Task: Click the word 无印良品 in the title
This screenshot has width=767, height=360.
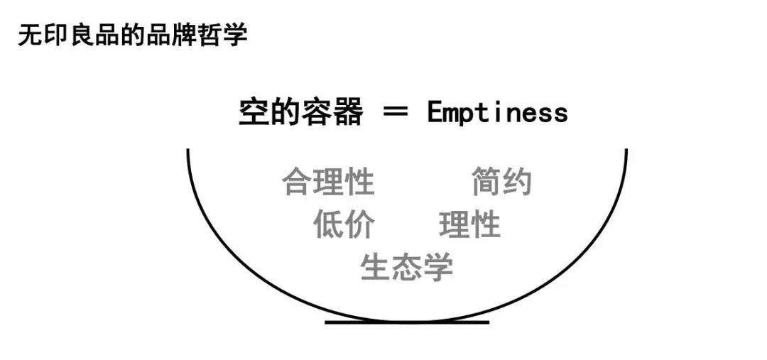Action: click(x=68, y=36)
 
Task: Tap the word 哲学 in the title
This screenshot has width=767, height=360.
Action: click(x=222, y=36)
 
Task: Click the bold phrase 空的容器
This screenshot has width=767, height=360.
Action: click(x=301, y=112)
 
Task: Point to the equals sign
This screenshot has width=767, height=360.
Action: click(x=395, y=112)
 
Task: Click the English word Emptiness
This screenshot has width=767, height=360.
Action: click(x=497, y=112)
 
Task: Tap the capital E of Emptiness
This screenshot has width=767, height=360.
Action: click(x=435, y=112)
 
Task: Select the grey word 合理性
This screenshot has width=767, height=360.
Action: click(x=327, y=181)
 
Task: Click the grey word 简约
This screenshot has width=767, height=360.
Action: click(x=501, y=181)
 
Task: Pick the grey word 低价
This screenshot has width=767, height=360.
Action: click(x=344, y=224)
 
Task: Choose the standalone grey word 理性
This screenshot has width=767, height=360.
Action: click(x=469, y=224)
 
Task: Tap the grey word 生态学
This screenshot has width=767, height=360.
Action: click(x=406, y=267)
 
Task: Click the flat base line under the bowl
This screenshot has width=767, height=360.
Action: click(x=407, y=322)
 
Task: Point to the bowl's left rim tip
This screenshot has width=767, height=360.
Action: click(x=187, y=150)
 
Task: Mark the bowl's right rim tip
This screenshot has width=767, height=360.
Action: click(x=626, y=150)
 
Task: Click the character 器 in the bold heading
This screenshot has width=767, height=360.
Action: click(x=348, y=112)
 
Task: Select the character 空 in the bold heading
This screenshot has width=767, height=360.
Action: click(x=254, y=112)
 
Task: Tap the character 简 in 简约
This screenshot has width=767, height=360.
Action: click(x=486, y=181)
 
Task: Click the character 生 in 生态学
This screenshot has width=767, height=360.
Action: click(x=376, y=267)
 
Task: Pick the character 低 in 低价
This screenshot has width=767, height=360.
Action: click(x=329, y=224)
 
